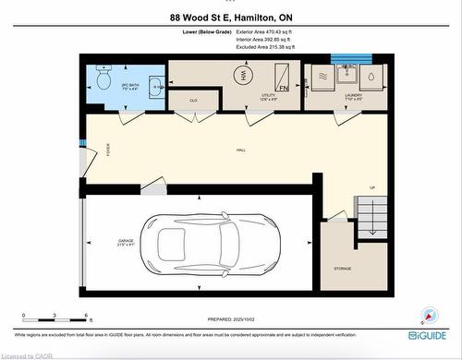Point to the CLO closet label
194,100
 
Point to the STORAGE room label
343,269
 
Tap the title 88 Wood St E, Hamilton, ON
231,18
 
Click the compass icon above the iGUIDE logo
428,315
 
